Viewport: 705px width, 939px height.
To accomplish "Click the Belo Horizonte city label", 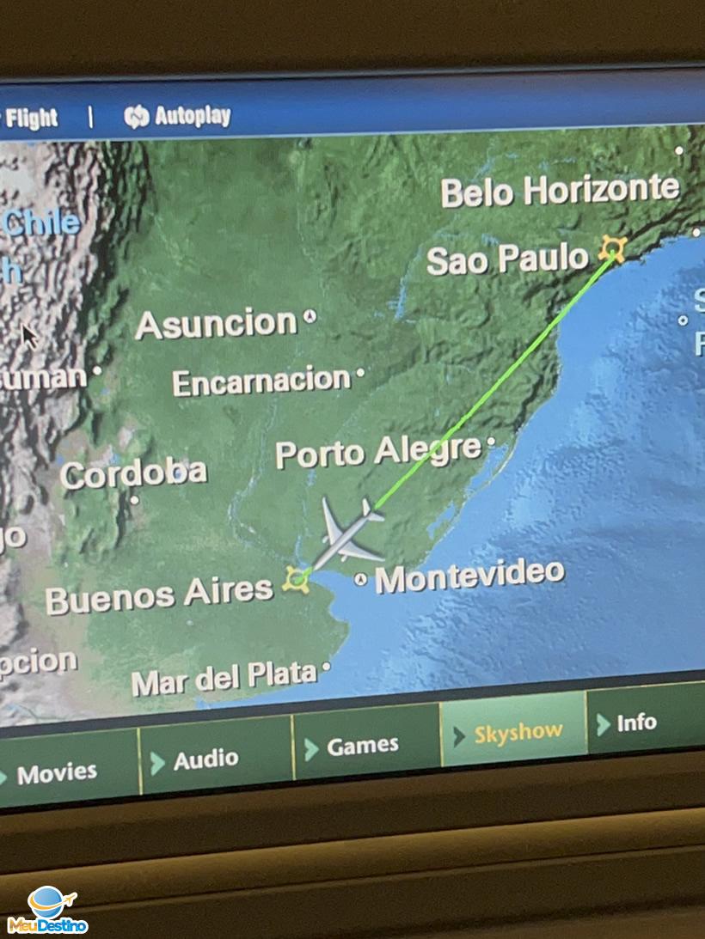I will tap(560, 190).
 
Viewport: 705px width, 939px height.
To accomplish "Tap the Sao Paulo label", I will tap(507, 259).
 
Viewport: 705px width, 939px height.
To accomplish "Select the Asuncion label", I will tap(216, 324).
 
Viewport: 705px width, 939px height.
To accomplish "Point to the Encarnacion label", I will tap(261, 381).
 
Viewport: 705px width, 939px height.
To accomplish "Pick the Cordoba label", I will tap(133, 473).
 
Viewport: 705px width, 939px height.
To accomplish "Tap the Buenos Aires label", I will tap(159, 594).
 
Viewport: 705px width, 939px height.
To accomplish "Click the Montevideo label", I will tap(469, 576).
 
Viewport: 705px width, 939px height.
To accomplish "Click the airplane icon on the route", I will tap(349, 533).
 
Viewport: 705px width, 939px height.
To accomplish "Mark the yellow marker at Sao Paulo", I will tap(613, 248).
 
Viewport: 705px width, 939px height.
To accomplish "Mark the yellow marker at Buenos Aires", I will tap(296, 580).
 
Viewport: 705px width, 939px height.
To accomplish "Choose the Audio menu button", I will tap(205, 759).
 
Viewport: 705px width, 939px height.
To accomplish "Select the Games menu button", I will tap(361, 746).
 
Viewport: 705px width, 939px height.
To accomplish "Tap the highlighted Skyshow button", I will tap(517, 733).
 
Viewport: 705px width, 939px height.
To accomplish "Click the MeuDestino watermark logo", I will tap(47, 911).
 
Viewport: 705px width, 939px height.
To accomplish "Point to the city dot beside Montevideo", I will tap(361, 580).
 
